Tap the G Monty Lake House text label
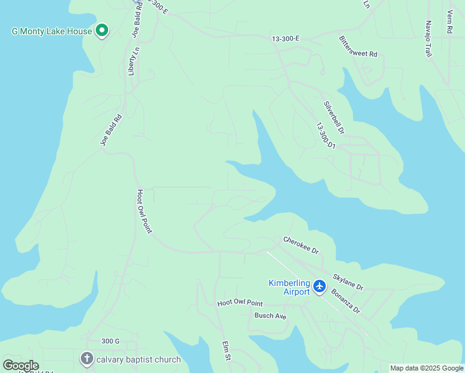(52, 31)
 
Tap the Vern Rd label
(449, 22)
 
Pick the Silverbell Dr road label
(334, 117)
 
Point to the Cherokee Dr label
(301, 245)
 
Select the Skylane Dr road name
(348, 281)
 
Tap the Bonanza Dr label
(345, 301)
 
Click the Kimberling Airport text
(289, 287)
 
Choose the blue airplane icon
(320, 286)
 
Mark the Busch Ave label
(270, 316)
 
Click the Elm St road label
(227, 352)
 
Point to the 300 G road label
(110, 341)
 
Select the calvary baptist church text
(139, 359)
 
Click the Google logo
(21, 366)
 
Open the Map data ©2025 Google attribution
(426, 368)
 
